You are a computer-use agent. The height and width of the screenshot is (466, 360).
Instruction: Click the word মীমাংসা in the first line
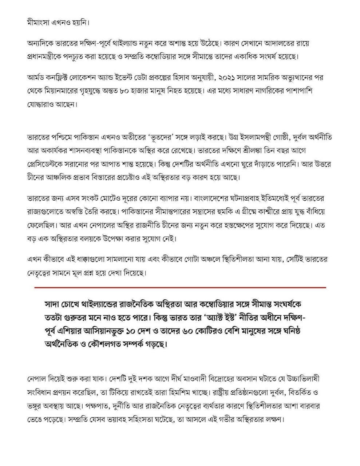click(37, 23)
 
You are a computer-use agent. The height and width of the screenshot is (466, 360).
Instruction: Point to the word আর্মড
click(36, 78)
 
